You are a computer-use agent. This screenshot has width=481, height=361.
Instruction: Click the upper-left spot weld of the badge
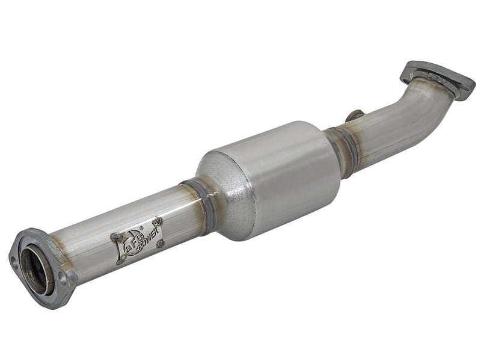112,237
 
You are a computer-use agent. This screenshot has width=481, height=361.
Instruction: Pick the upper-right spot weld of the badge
158,221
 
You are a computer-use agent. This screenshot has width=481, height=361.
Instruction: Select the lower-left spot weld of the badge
119,261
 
